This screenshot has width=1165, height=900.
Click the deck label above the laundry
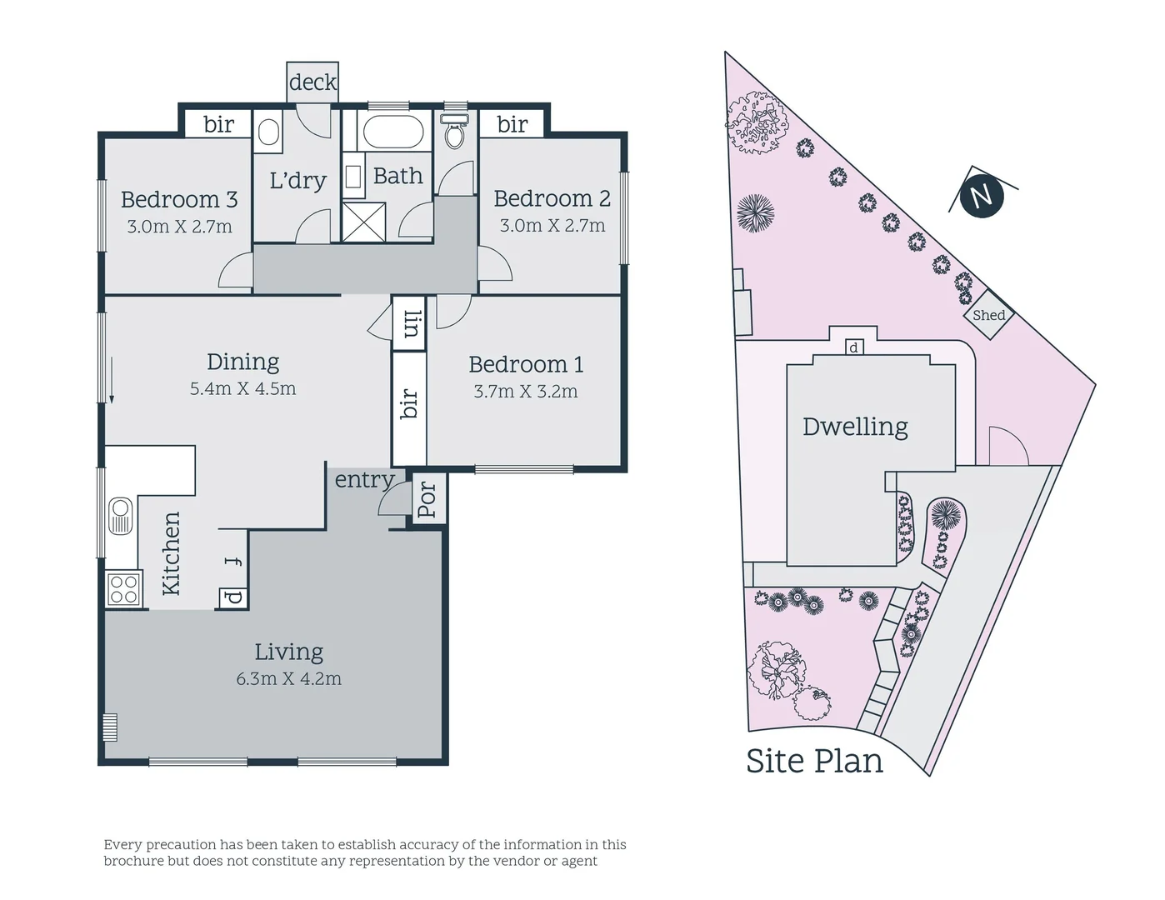[312, 82]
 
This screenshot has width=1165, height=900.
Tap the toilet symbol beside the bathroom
[455, 132]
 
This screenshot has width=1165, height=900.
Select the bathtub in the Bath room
[394, 132]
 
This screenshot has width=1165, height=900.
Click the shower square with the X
[364, 221]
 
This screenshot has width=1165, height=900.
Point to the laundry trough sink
[268, 132]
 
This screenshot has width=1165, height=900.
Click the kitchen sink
[121, 515]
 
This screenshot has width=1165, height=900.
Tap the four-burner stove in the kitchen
[124, 589]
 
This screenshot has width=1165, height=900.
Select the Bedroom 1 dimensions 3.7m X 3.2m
[525, 392]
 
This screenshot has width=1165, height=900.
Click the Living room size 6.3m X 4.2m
[288, 679]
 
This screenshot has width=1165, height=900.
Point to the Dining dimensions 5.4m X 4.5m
[242, 389]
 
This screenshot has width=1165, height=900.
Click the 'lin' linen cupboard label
[410, 323]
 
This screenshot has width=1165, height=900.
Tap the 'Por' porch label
[427, 500]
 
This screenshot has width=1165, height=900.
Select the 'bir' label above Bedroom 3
[218, 124]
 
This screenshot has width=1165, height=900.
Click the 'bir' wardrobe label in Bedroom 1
[409, 404]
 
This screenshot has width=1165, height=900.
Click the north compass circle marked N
[981, 196]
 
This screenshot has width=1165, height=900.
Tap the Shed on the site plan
[989, 315]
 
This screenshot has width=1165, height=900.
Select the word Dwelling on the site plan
[855, 427]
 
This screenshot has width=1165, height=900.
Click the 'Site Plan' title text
[814, 761]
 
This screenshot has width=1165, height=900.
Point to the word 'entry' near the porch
[364, 480]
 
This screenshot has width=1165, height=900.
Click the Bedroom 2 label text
[552, 198]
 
